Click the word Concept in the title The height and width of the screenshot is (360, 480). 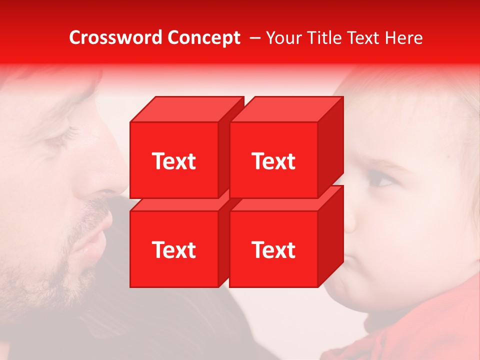click(203, 37)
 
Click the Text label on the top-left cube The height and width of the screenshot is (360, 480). click(173, 161)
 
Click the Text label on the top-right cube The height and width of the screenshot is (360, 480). click(273, 161)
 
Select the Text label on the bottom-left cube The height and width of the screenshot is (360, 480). click(173, 249)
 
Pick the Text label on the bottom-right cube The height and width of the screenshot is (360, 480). click(273, 249)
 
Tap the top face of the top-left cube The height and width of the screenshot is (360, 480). click(186, 109)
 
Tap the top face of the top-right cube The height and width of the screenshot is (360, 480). click(286, 109)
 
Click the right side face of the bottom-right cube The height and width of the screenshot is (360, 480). click(330, 236)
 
